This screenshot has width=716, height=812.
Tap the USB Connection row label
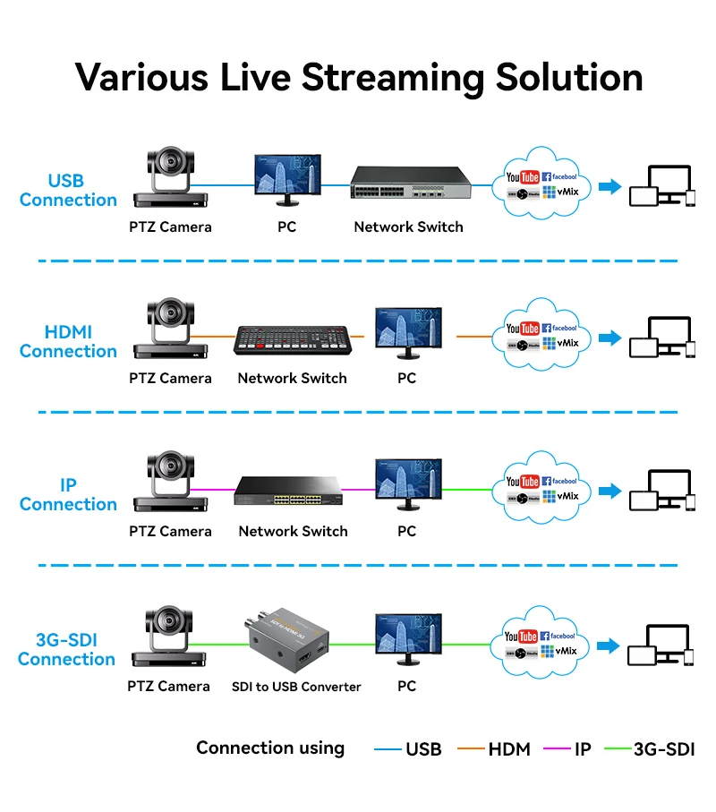pos(68,191)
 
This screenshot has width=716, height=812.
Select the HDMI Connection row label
pos(68,342)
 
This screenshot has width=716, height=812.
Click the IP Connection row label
pos(68,495)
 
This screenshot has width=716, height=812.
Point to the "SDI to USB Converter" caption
pos(296,687)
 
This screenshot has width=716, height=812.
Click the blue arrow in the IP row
pos(609,491)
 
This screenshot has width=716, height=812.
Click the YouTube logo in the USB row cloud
pos(523,178)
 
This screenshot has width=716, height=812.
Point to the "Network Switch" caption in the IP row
pos(293,531)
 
